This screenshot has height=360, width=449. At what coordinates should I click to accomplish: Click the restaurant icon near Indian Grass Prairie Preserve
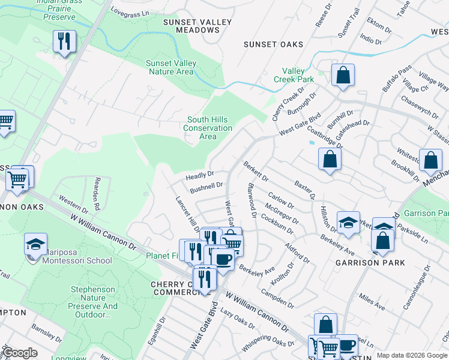coord(63,41)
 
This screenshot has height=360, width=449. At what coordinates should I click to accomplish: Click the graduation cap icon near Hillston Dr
coord(348,223)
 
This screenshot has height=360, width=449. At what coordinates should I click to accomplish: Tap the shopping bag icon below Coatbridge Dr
coord(330,159)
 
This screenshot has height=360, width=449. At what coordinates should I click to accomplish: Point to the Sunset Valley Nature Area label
coord(171,68)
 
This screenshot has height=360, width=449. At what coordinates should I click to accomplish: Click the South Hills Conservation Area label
coord(208,128)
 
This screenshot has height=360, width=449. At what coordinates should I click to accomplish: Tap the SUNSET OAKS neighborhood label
coord(273,44)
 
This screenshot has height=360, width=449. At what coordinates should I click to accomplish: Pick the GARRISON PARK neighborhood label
coord(370,263)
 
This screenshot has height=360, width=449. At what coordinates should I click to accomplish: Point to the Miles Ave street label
coord(372,301)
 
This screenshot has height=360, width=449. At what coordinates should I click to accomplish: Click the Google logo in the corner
coord(20,353)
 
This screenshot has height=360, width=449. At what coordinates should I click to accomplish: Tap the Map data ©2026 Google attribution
coord(412,355)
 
